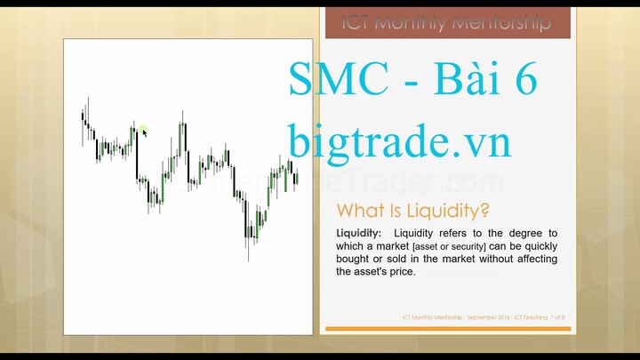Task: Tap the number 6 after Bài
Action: point(523,82)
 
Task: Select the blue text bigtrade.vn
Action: point(399,140)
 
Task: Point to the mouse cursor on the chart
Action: point(143,132)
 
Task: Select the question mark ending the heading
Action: point(484,211)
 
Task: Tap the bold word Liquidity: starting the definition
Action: point(358,233)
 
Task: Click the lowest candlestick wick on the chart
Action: point(248,256)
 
